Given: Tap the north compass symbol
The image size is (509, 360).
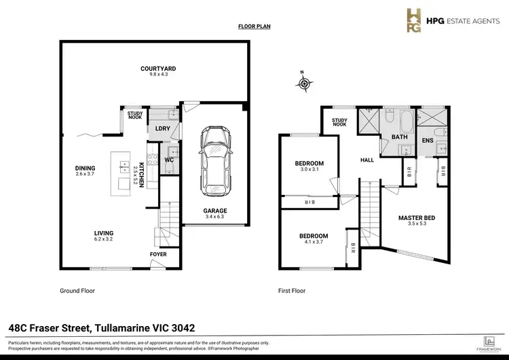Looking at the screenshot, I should coord(305,83).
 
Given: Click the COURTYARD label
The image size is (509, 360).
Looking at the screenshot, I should coord(158,69).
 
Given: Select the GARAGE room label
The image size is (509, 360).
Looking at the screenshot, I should coord(215,211).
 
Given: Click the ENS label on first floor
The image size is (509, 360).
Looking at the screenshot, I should coord(428,141).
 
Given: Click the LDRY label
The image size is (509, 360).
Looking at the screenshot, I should coord(162,128).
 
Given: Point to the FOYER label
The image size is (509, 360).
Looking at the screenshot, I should coord(157,255).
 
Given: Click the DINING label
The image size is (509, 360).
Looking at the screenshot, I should coord(86,168).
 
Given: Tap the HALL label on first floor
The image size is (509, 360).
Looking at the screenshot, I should coord(367,160).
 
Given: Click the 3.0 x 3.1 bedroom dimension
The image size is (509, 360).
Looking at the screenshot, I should coord(309,170).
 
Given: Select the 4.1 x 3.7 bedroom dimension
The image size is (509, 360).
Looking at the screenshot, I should coord(314,242).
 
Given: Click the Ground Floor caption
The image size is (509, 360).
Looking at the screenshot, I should coord(77,290).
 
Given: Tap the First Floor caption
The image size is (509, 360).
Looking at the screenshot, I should coord(292,290).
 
